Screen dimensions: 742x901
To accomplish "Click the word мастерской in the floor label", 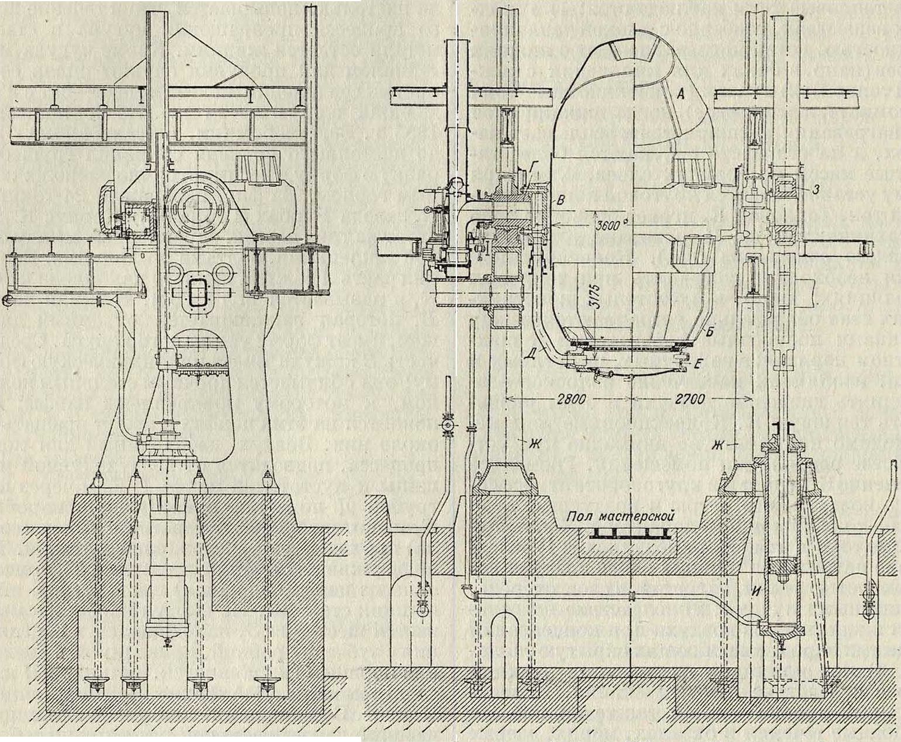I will pos(641,516).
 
